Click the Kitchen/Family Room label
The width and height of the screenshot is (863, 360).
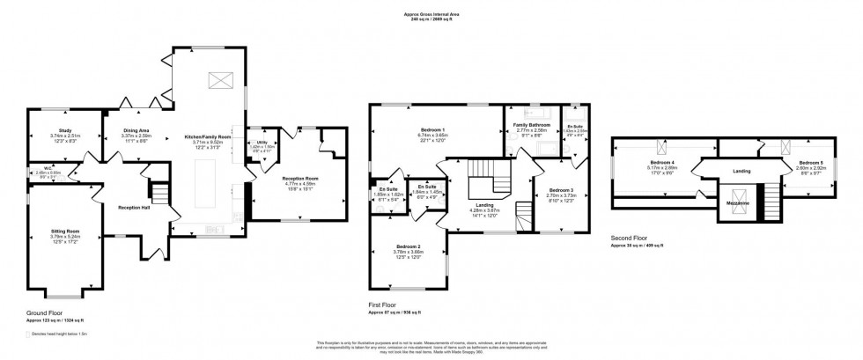[207, 137]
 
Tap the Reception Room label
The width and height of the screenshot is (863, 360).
[299, 178]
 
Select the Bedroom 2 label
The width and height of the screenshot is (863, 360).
[407, 246]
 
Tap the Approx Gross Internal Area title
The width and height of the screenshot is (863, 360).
[431, 14]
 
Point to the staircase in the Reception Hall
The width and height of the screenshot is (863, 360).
[159, 191]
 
